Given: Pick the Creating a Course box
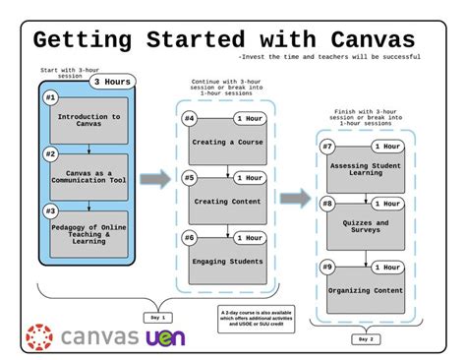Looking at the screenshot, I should click(x=228, y=144).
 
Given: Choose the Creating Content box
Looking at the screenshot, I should click(x=228, y=203).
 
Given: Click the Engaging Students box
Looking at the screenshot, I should click(x=228, y=262).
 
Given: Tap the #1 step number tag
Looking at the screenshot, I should click(x=49, y=98).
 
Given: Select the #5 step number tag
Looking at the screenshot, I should click(x=190, y=179).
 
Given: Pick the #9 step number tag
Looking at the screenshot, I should click(x=328, y=266).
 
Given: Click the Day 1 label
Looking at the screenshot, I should click(x=158, y=318).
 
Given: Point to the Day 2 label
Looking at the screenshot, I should click(x=364, y=339).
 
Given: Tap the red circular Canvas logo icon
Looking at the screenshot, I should click(x=38, y=337).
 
